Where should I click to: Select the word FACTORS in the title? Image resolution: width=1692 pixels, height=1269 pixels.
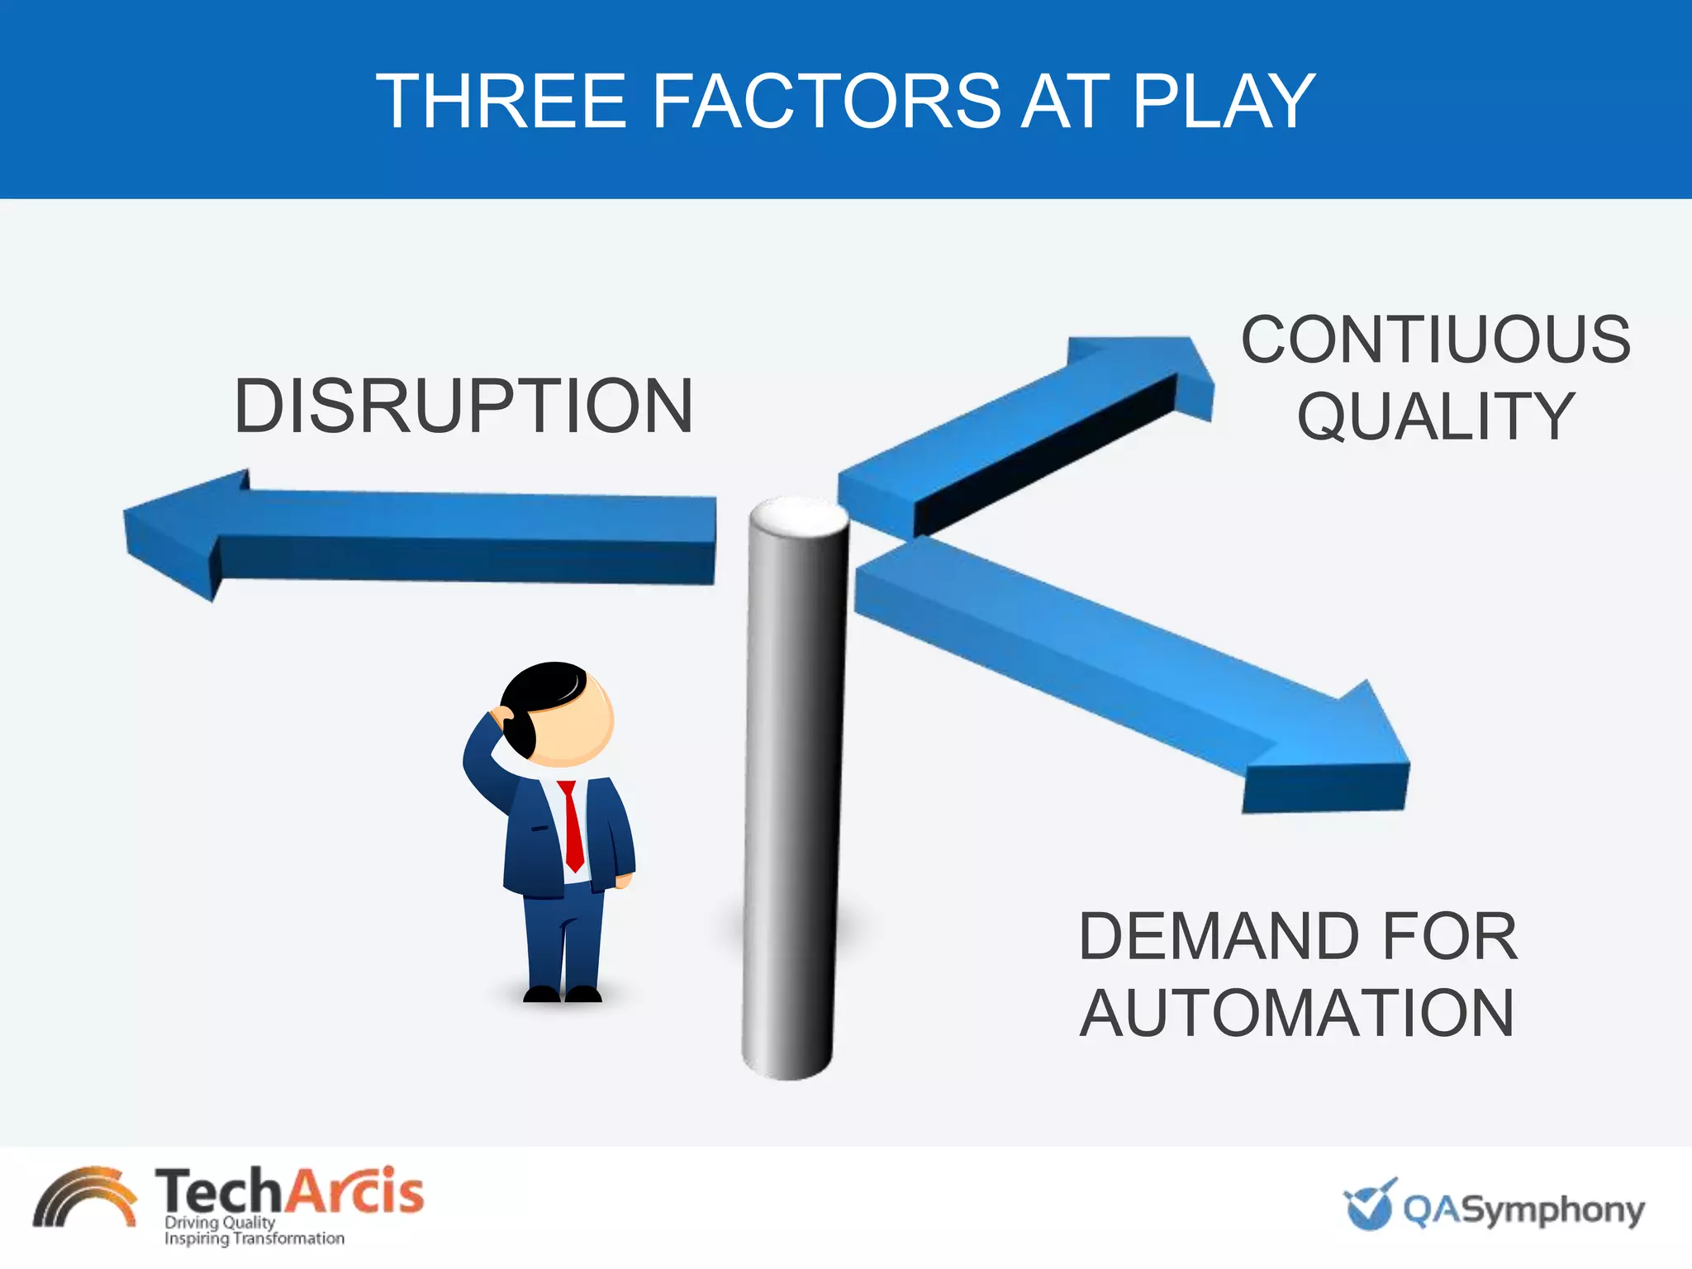coord(826,102)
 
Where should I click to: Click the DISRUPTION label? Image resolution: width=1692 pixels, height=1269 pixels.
coord(463,406)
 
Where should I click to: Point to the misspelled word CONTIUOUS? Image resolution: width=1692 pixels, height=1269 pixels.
coord(1436,340)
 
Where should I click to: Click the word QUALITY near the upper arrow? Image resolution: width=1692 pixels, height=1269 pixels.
coord(1436,416)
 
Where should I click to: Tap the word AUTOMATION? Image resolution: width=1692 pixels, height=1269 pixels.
coord(1297,1013)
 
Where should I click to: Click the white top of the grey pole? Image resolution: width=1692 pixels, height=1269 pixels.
coord(798,517)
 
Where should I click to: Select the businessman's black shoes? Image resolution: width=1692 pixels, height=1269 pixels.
coord(563,993)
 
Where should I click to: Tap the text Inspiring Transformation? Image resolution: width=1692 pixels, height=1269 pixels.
coord(254,1238)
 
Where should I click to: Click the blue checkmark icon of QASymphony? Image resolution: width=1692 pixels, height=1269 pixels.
coord(1370,1205)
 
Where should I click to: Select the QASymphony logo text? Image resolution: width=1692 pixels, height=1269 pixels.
coord(1523,1210)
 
